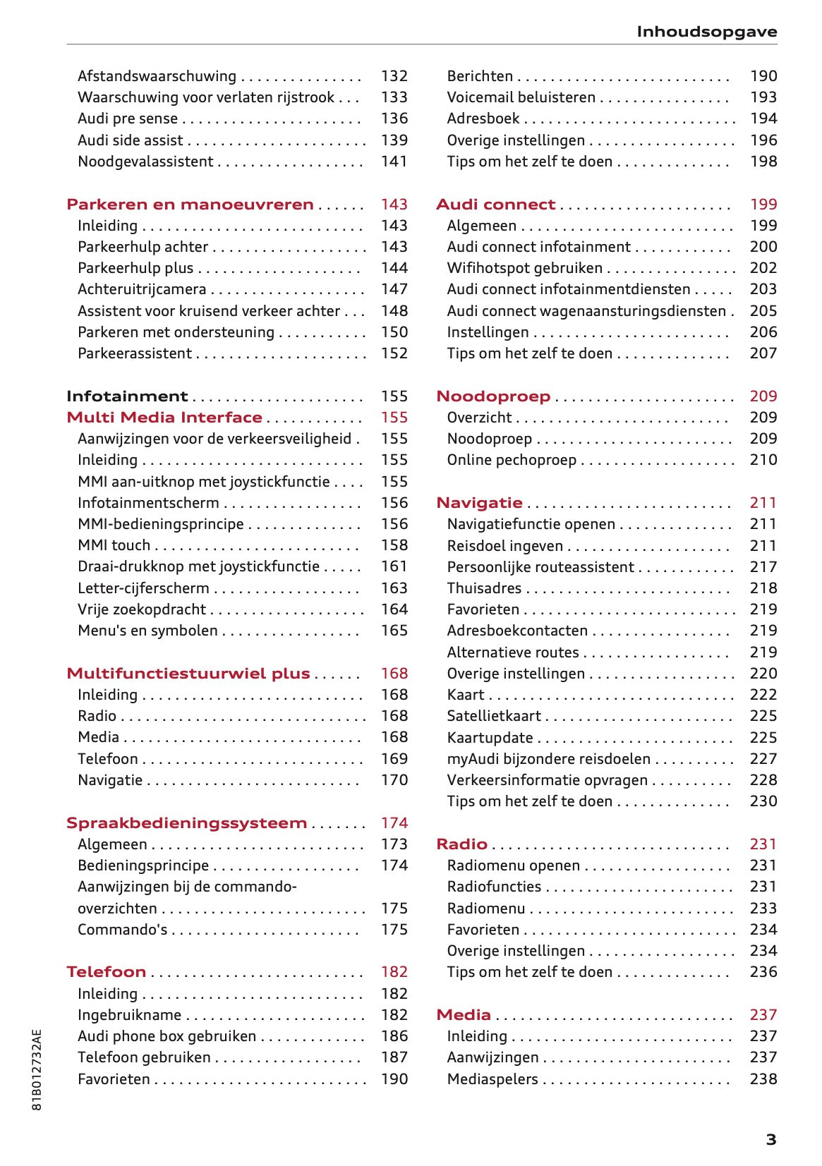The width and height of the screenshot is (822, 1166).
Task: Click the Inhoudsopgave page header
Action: (706, 32)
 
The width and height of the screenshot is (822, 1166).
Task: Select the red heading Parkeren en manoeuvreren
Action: (190, 205)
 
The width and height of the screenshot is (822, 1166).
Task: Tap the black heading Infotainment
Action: (127, 396)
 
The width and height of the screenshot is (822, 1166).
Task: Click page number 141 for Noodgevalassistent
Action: (394, 162)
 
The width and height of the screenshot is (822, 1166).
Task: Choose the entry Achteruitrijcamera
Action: (142, 289)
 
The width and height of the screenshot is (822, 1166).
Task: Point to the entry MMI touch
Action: (114, 545)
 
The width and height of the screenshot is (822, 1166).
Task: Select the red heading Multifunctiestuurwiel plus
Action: (188, 674)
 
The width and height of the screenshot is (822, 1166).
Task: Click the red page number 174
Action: (394, 823)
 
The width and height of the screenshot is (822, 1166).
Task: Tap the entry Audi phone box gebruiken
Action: (167, 1036)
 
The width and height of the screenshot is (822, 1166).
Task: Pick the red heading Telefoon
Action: (106, 972)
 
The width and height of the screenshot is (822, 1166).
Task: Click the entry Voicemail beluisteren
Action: (521, 97)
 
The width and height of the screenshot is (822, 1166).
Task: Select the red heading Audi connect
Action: (495, 205)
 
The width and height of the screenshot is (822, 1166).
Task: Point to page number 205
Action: (763, 311)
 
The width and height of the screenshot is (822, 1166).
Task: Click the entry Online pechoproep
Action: (512, 460)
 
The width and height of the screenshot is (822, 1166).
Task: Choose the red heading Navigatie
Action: (479, 503)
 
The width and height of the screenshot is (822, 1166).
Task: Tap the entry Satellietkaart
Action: (494, 716)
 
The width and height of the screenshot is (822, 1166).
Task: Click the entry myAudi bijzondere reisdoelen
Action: (548, 759)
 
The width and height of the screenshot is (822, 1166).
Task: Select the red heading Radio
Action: (461, 844)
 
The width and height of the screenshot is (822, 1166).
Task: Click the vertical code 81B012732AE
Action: (37, 1069)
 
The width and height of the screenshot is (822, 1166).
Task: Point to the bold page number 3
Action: (770, 1140)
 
